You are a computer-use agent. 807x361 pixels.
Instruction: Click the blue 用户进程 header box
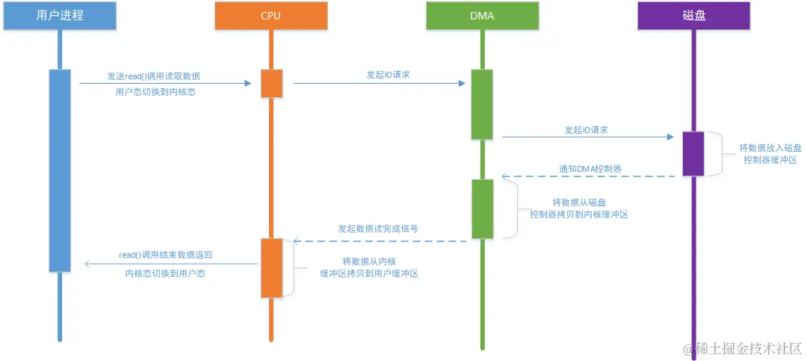59,16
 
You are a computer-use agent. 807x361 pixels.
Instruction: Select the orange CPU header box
270,16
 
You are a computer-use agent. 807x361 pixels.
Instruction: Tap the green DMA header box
482,16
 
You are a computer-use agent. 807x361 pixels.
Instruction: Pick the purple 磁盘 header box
693,16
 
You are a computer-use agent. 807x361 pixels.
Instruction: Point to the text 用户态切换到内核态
155,93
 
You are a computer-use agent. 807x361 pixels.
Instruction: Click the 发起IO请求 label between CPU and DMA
387,75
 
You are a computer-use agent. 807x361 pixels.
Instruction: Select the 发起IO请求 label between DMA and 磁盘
586,129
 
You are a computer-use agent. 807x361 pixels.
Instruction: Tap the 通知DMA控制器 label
590,169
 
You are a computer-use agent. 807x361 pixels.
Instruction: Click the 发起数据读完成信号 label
377,229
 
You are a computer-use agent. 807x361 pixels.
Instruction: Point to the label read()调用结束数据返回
166,255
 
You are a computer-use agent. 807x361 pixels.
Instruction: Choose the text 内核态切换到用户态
165,274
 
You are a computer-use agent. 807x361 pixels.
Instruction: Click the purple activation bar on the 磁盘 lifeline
693,153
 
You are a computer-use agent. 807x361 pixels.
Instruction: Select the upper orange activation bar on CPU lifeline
270,83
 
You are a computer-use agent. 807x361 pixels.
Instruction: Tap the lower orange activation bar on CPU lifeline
270,267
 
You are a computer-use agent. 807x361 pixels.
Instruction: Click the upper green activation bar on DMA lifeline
482,104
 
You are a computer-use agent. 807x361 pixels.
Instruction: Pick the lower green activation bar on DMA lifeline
482,209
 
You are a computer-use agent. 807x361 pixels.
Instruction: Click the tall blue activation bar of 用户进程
59,170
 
